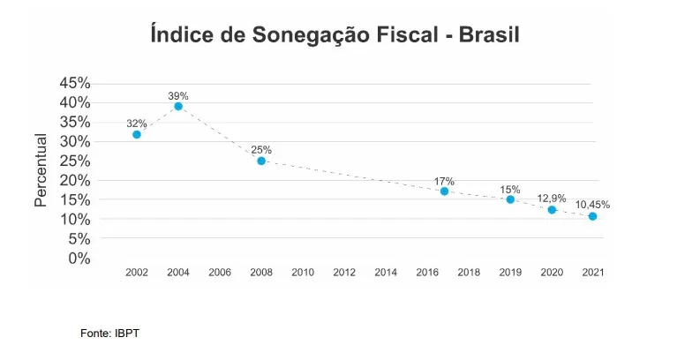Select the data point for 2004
[x=178, y=106]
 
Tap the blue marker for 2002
[x=137, y=134]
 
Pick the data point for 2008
[x=261, y=161]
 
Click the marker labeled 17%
[x=444, y=191]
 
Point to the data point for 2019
[x=510, y=199]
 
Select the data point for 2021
[x=592, y=216]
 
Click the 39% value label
[x=178, y=95]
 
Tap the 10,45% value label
[x=592, y=205]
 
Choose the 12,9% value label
[x=552, y=199]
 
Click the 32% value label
[x=137, y=124]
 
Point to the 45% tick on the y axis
[x=75, y=83]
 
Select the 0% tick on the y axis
[x=79, y=258]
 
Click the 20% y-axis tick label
[x=75, y=180]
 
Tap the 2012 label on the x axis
[x=344, y=273]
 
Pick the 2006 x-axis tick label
[x=220, y=273]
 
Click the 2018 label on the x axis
[x=469, y=273]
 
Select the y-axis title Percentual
[x=41, y=170]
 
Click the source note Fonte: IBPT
[x=109, y=334]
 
